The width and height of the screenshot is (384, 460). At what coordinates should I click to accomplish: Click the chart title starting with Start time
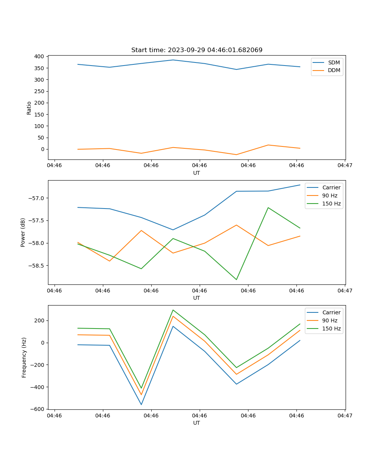(x=197, y=50)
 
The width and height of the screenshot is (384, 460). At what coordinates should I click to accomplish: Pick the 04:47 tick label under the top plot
(x=345, y=165)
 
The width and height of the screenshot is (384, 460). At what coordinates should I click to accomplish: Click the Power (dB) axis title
(x=23, y=232)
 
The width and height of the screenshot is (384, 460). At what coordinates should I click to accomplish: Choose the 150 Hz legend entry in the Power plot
(x=331, y=204)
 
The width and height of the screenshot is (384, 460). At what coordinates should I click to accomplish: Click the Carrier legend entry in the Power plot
(x=331, y=187)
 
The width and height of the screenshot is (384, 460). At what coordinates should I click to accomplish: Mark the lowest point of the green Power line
(x=236, y=279)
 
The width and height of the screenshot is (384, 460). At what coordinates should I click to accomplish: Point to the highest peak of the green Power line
(x=268, y=207)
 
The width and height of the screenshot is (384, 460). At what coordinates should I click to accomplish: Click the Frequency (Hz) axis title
(x=24, y=357)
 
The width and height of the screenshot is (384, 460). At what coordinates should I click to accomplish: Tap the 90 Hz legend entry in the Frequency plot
(x=331, y=320)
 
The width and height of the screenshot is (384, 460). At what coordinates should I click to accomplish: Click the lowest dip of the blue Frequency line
(x=141, y=404)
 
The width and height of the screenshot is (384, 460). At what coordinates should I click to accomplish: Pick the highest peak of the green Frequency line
(x=173, y=310)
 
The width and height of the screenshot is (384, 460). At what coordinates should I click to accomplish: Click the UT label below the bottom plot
(x=197, y=423)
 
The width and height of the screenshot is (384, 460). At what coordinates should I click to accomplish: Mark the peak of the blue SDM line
(x=173, y=60)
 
